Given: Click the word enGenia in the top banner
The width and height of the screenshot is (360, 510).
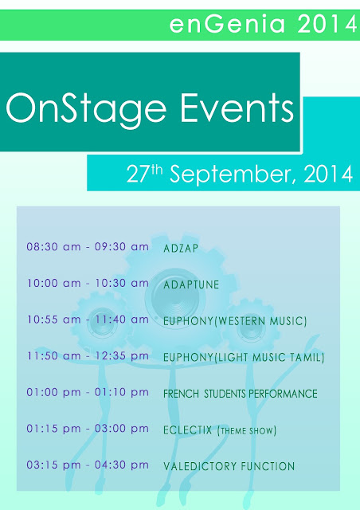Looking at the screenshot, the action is tap(227, 24).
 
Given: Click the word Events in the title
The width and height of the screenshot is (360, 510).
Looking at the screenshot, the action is tap(237, 108).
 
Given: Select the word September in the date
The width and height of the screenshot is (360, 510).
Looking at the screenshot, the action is tap(233, 175).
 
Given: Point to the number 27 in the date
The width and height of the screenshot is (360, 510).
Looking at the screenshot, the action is tap(138, 174).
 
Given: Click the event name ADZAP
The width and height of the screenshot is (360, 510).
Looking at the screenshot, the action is tap(181, 249).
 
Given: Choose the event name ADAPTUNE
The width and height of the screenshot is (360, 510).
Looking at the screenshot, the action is tap(191, 285).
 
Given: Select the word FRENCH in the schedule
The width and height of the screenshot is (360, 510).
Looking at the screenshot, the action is tap(181, 394).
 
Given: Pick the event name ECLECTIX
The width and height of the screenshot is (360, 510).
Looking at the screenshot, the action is tap(188, 430).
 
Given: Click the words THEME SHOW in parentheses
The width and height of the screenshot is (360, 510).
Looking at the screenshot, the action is tap(247, 431).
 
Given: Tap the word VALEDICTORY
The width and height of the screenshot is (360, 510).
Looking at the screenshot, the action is tap(199, 466).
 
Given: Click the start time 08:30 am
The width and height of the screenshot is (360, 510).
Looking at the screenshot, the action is tap(53, 247).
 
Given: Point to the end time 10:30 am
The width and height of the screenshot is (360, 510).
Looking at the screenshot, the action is tap(122, 284).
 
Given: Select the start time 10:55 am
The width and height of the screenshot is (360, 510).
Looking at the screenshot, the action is tap(53, 320).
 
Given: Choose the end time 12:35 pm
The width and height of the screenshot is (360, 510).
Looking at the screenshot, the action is tap(122, 356).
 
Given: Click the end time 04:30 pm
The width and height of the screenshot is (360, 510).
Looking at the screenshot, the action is tap(122, 465).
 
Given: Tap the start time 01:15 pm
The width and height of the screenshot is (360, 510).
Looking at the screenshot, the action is tap(53, 429).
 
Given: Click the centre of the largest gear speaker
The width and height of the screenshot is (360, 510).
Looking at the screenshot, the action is tap(175, 297).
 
